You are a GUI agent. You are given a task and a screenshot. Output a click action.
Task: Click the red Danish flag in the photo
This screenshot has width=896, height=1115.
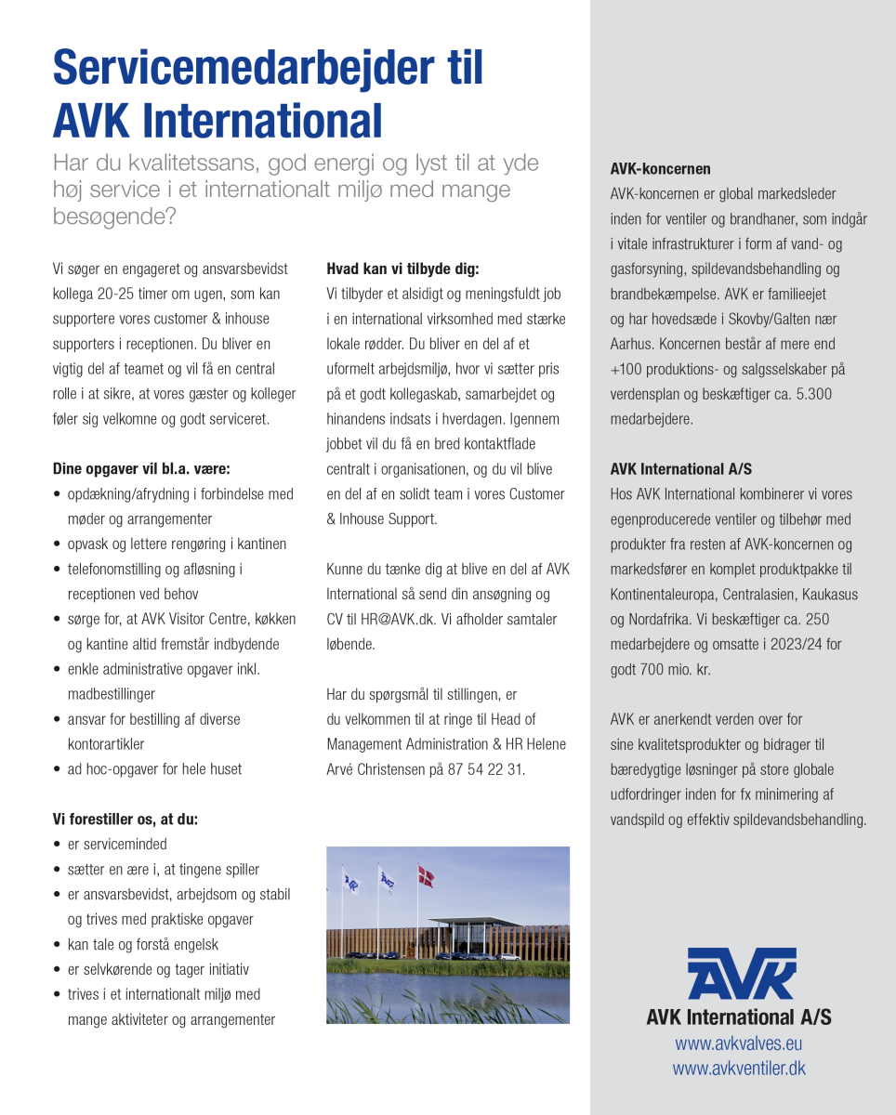pyautogui.click(x=427, y=874)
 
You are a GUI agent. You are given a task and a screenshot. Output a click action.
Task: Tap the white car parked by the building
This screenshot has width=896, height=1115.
pyautogui.click(x=509, y=956)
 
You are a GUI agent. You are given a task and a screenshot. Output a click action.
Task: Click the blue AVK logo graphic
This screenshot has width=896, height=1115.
pyautogui.click(x=741, y=973)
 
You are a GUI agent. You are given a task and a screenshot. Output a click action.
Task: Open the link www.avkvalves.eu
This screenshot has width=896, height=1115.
pyautogui.click(x=739, y=1044)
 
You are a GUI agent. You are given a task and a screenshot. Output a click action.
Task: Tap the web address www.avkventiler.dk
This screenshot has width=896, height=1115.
pyautogui.click(x=739, y=1069)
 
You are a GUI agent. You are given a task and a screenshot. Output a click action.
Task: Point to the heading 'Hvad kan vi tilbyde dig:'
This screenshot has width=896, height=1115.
pyautogui.click(x=402, y=269)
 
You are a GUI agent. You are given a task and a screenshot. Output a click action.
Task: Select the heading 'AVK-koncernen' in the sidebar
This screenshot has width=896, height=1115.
pyautogui.click(x=660, y=169)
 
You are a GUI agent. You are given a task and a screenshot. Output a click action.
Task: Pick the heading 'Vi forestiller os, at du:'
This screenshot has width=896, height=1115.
pyautogui.click(x=125, y=820)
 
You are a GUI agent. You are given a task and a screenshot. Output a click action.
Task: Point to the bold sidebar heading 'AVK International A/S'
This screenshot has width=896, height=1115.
pyautogui.click(x=680, y=469)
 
